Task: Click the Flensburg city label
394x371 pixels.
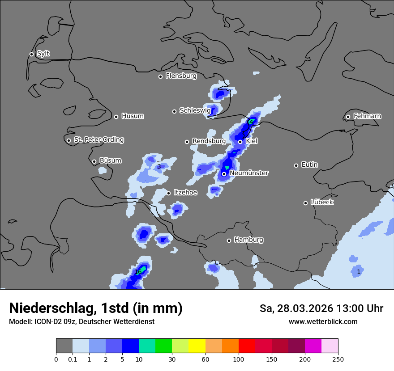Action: (x=181, y=76)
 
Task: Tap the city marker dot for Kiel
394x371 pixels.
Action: (x=240, y=142)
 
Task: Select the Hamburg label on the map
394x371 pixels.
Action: (x=248, y=240)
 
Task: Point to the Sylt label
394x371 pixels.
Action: (x=43, y=54)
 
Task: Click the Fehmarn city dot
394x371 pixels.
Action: (x=348, y=117)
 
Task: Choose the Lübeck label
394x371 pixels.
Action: (x=322, y=202)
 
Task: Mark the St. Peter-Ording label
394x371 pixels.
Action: (x=98, y=140)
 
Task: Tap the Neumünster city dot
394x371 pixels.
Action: (x=224, y=174)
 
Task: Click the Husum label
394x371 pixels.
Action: (x=133, y=116)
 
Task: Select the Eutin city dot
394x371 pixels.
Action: (x=296, y=165)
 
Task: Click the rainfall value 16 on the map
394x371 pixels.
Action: (x=138, y=272)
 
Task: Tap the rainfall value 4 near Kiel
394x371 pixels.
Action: (x=251, y=122)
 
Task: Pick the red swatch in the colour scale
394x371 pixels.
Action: (x=247, y=346)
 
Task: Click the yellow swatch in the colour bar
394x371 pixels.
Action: (x=197, y=346)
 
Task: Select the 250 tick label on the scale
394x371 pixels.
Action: (x=338, y=359)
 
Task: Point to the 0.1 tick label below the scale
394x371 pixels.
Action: (x=73, y=359)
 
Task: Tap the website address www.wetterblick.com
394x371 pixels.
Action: (x=323, y=321)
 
